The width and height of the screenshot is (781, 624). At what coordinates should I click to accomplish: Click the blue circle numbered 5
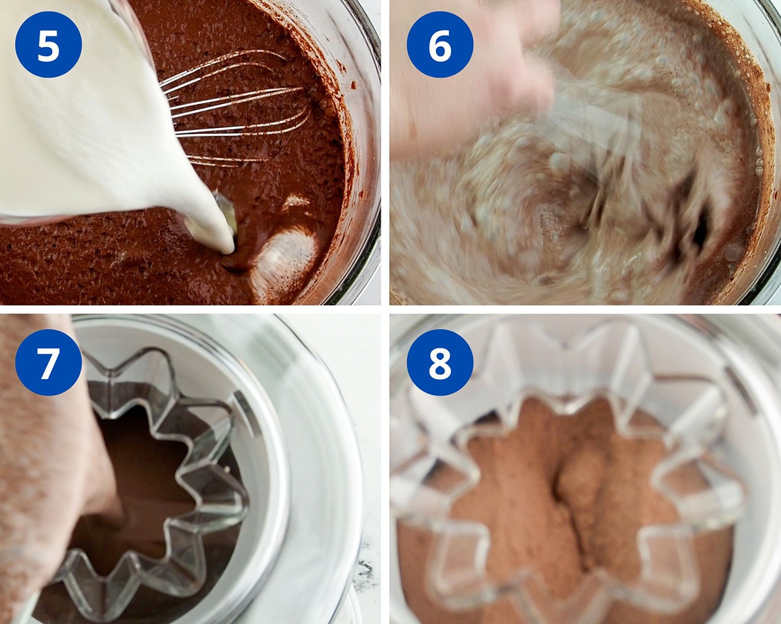(x=49, y=44)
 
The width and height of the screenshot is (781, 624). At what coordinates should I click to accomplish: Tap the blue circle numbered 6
(x=439, y=44)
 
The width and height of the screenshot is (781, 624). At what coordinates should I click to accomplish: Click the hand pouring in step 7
(x=46, y=468)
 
